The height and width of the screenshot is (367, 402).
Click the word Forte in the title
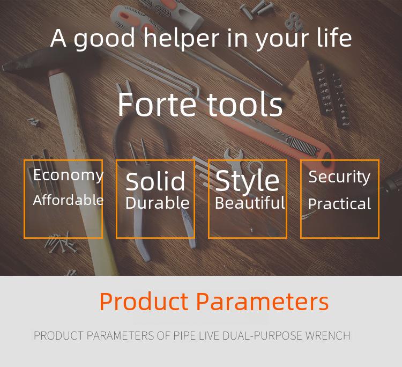tap(157, 105)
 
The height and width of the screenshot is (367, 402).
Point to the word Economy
tap(68, 175)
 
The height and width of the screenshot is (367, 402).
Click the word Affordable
tap(68, 200)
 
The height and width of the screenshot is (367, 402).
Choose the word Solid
tap(155, 181)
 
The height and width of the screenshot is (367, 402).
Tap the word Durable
tap(158, 203)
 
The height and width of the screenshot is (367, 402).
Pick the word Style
tap(248, 181)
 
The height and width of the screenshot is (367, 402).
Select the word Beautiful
tap(250, 203)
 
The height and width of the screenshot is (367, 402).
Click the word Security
tap(339, 177)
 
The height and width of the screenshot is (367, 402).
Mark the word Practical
tap(339, 204)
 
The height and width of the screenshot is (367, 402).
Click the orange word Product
tap(144, 302)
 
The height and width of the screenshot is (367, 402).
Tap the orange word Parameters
tap(262, 302)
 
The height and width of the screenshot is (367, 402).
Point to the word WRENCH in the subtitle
tap(327, 336)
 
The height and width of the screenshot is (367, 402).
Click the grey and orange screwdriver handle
tap(157, 16)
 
